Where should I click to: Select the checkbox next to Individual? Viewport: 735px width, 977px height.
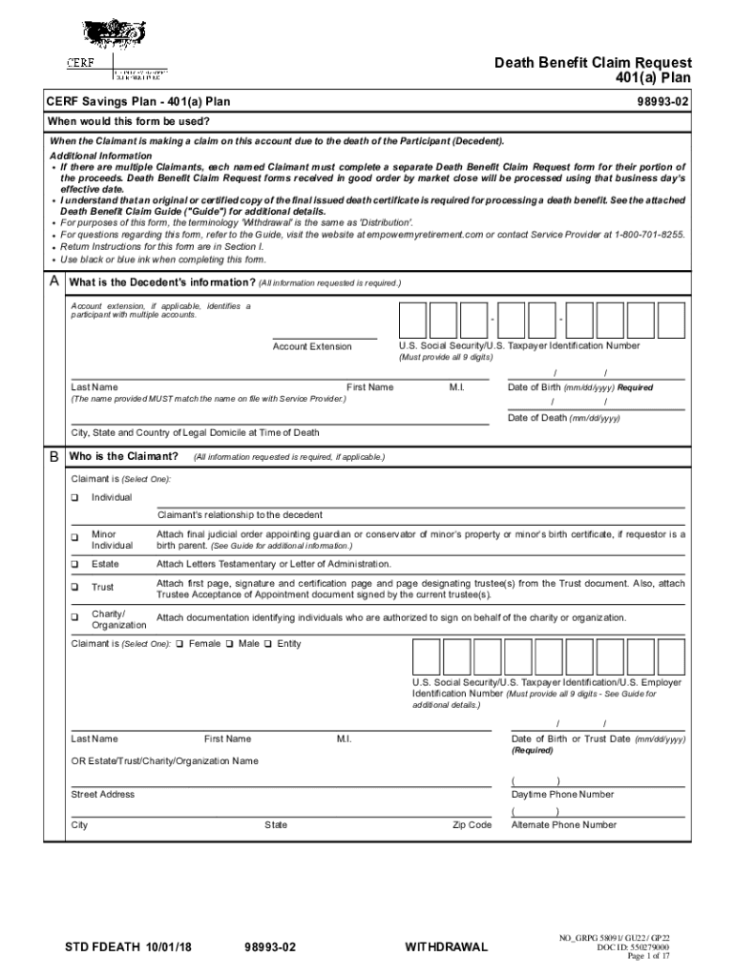(75, 498)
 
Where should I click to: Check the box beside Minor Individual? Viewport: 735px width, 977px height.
(75, 537)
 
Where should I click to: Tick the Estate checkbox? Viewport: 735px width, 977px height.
(75, 565)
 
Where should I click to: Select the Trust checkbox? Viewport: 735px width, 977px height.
(75, 588)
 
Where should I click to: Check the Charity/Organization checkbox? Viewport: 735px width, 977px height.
(75, 617)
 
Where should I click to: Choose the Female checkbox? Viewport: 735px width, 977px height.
(180, 644)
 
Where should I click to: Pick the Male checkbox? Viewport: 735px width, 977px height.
(230, 644)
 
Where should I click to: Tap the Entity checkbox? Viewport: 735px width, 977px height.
(268, 644)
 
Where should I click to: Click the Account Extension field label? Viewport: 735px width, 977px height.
(312, 346)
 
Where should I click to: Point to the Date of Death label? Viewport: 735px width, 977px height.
(563, 418)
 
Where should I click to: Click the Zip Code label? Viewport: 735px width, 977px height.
(472, 825)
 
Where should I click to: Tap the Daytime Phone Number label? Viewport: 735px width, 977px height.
(562, 795)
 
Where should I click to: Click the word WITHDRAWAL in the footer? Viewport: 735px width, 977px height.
(446, 947)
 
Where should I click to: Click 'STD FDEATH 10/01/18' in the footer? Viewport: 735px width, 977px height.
(129, 947)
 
